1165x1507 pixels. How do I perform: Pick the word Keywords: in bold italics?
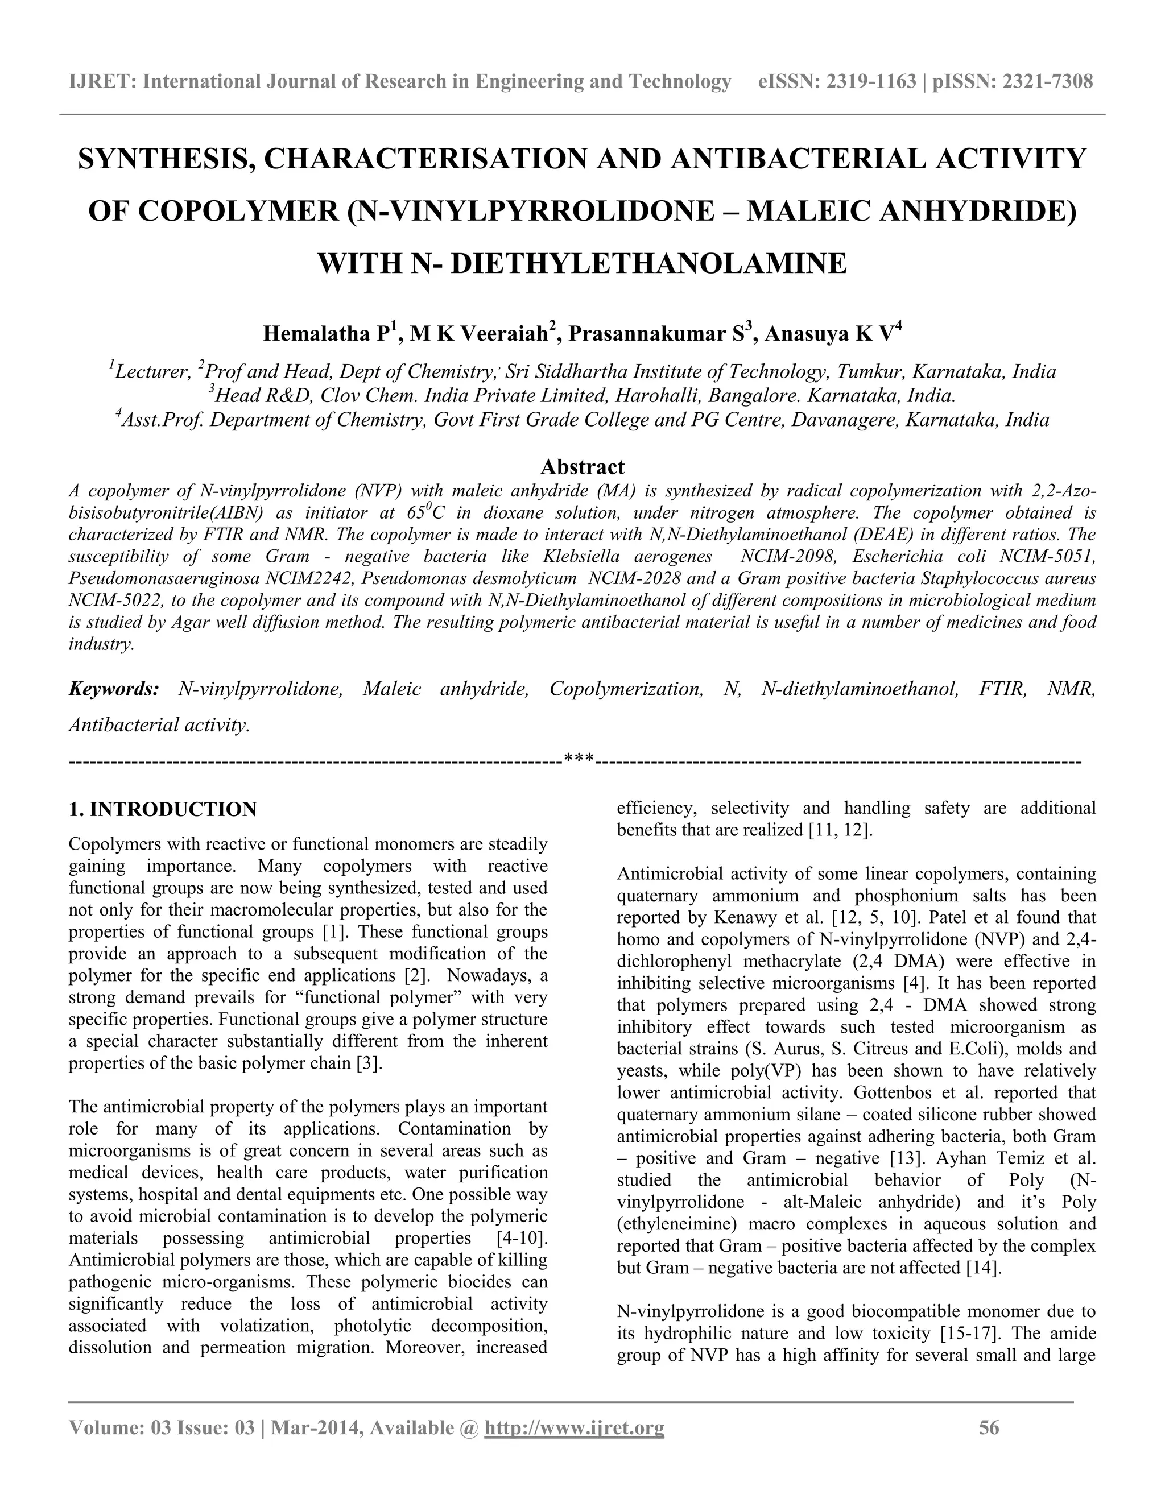(114, 689)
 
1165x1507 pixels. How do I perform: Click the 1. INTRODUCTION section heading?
(163, 809)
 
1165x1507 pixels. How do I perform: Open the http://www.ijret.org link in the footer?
(574, 1427)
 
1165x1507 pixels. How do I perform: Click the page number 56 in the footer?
(989, 1427)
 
